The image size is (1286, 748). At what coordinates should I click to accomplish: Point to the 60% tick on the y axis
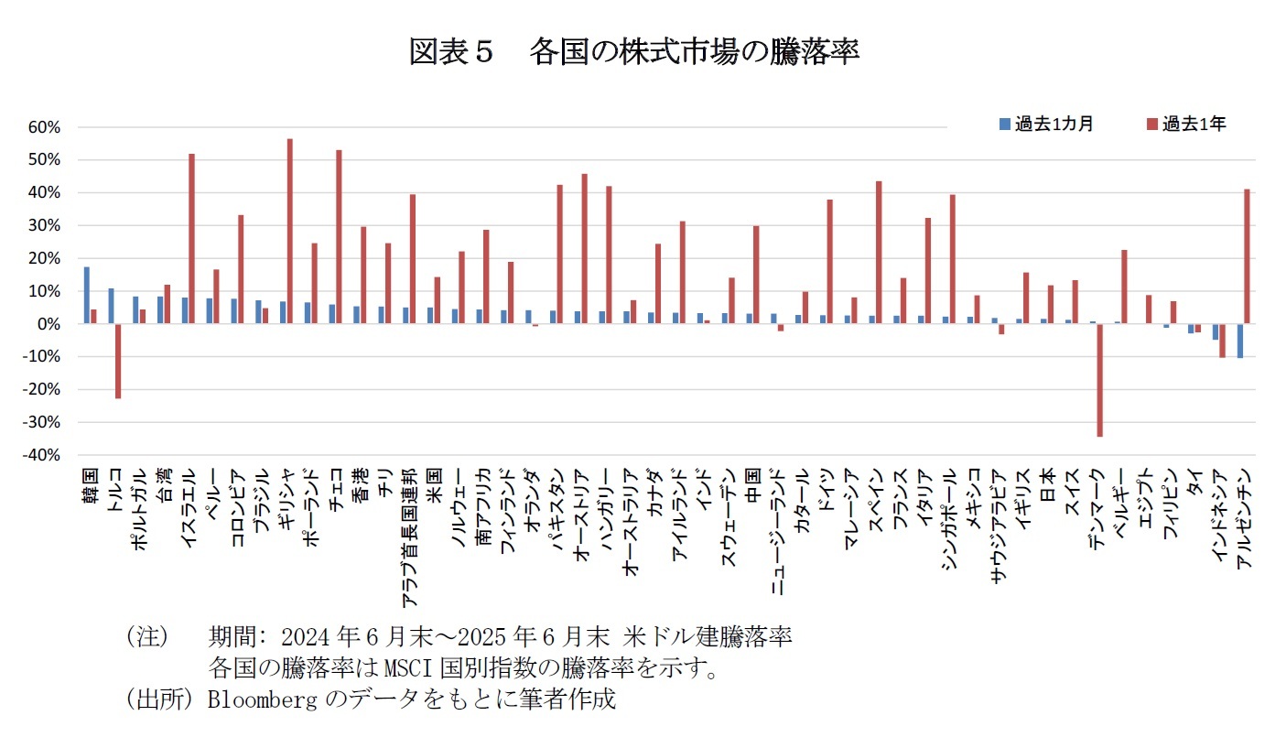point(43,127)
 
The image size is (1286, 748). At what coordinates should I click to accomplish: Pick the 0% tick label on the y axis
point(49,324)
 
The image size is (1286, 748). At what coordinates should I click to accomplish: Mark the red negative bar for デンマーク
point(1099,380)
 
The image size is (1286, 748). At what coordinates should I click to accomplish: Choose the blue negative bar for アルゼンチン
point(1240,341)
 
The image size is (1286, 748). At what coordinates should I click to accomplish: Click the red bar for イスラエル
point(191,239)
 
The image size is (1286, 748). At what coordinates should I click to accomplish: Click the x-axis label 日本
point(1047,482)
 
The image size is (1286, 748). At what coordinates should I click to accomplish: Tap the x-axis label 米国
point(435,482)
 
